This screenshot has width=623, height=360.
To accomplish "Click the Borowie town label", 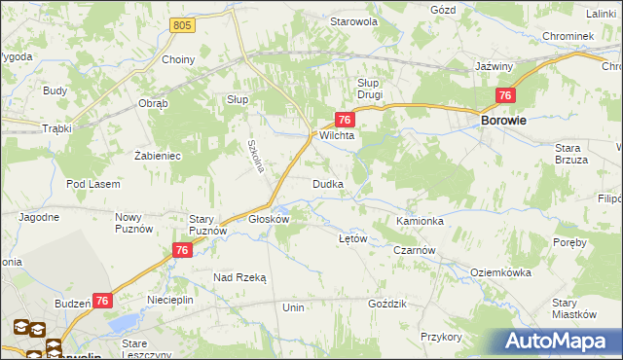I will [x=504, y=121].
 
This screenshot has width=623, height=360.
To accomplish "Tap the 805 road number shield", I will [x=179, y=23].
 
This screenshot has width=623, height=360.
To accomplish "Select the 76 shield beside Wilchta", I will [x=344, y=119].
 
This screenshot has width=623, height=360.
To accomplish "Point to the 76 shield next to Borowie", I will [x=504, y=95].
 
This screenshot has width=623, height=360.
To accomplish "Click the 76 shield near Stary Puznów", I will [x=181, y=250].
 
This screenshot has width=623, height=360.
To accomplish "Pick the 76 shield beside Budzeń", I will [x=102, y=302].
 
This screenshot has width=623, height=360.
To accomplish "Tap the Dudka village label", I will [x=326, y=184].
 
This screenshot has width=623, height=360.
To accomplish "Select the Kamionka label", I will [x=420, y=221].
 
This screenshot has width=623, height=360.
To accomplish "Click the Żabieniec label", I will [x=158, y=155].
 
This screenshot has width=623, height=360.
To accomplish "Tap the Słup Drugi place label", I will [x=369, y=89].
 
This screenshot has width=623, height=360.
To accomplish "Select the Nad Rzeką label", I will [x=239, y=277].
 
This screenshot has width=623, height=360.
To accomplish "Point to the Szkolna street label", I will [x=255, y=153].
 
